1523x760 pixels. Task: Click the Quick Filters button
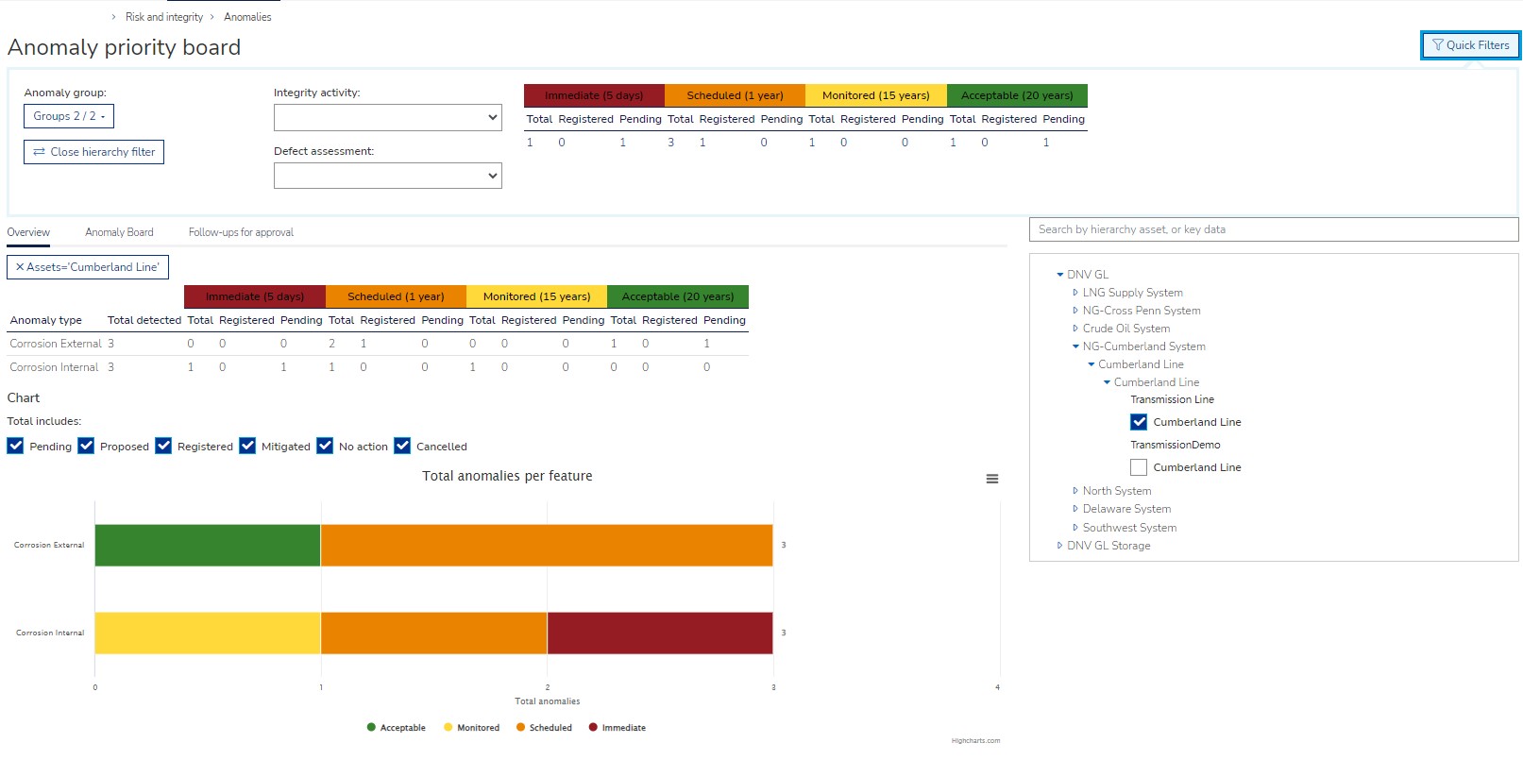click(x=1470, y=45)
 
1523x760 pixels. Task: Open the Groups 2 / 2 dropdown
click(x=69, y=116)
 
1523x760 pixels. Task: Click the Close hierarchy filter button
click(x=93, y=152)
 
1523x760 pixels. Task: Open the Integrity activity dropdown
click(x=387, y=118)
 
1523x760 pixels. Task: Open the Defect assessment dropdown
click(x=387, y=176)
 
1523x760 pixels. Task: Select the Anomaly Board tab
click(x=119, y=232)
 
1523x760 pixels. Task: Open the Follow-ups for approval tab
click(x=241, y=232)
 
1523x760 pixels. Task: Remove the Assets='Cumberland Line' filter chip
click(x=20, y=267)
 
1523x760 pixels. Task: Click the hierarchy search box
click(x=1273, y=229)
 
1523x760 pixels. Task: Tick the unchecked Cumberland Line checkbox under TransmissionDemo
click(x=1139, y=467)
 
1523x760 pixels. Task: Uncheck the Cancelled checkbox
click(x=402, y=446)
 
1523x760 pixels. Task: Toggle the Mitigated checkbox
click(x=247, y=446)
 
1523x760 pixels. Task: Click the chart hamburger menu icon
click(x=992, y=479)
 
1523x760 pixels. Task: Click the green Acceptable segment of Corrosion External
click(x=208, y=546)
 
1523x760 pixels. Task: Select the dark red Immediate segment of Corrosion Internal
click(x=660, y=633)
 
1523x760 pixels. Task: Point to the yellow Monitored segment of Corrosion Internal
click(x=208, y=633)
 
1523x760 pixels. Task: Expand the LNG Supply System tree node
click(x=1075, y=293)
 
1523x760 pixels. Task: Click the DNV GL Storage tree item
click(x=1108, y=546)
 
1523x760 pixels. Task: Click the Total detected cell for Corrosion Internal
click(x=111, y=367)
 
